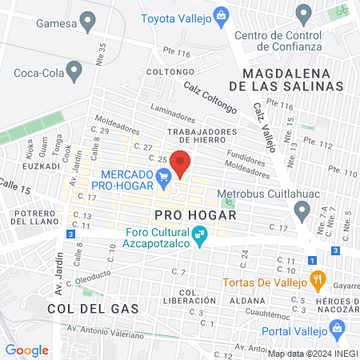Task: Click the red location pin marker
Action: click(181, 164)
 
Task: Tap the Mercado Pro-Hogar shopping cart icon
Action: click(164, 177)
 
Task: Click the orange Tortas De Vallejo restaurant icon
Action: click(318, 281)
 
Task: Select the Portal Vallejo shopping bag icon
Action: click(337, 329)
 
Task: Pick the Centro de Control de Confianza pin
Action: click(302, 14)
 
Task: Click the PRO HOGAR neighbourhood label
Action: click(195, 215)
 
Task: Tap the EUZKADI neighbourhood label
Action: click(38, 166)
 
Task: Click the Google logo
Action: click(27, 350)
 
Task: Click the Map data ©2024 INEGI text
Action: click(312, 354)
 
